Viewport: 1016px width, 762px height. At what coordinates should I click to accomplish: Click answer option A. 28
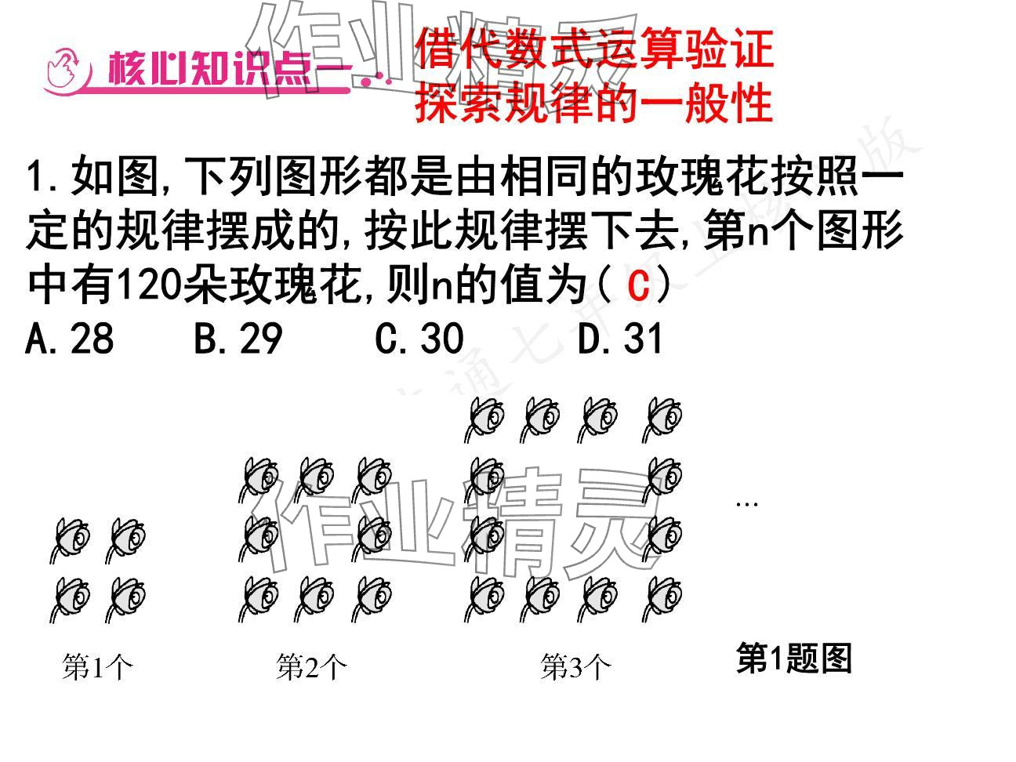[x=70, y=339]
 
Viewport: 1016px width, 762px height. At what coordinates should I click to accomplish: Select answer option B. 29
[x=238, y=339]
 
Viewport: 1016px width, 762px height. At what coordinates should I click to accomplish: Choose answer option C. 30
[x=419, y=339]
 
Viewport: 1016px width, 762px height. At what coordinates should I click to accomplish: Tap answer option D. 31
[x=620, y=339]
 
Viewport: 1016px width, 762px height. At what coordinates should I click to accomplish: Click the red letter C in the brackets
[x=639, y=287]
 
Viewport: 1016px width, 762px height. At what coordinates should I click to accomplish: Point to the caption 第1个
[x=98, y=668]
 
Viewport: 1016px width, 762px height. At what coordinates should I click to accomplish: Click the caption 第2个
[x=311, y=668]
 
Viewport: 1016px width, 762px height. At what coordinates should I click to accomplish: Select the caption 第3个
[x=576, y=668]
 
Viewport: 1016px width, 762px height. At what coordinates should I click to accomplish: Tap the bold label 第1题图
[x=793, y=659]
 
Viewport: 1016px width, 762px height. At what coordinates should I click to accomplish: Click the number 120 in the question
[x=149, y=287]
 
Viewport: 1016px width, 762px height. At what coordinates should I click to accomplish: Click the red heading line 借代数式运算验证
[x=593, y=48]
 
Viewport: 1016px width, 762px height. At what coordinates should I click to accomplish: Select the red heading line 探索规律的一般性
[x=593, y=103]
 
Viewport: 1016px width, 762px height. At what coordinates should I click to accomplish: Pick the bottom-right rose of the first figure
[x=126, y=599]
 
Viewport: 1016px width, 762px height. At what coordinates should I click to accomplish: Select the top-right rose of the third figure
[x=662, y=419]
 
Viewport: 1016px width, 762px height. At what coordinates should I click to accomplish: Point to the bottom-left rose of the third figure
[x=484, y=599]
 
